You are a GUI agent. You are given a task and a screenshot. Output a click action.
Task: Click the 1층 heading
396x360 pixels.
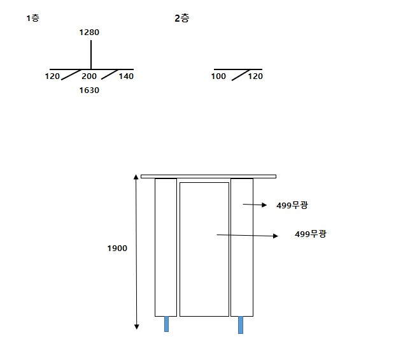click(x=33, y=18)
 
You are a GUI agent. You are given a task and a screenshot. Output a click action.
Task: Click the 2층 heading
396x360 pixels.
click(x=182, y=18)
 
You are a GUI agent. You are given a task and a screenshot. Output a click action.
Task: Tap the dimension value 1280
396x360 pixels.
click(x=89, y=32)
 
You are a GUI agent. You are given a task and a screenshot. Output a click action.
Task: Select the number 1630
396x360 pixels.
click(x=89, y=90)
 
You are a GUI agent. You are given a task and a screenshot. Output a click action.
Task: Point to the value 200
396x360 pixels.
click(x=89, y=76)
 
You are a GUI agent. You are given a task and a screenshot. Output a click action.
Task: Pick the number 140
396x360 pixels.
click(x=126, y=76)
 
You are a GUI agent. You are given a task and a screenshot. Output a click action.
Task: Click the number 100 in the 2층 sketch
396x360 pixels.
click(x=218, y=76)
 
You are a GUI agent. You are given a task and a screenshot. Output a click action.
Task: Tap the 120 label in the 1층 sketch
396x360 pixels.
click(x=52, y=76)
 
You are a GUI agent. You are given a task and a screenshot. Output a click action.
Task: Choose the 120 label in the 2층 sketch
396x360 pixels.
click(x=255, y=76)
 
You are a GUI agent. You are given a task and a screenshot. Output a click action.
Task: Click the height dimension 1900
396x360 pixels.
click(x=117, y=248)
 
